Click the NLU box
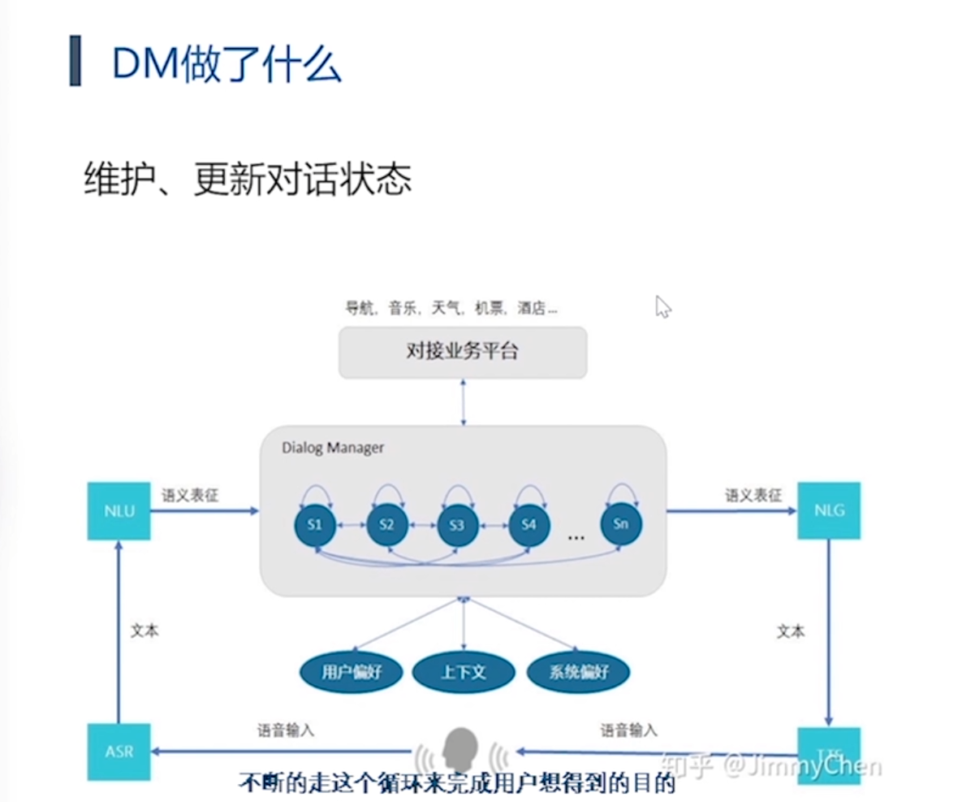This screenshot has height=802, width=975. coord(119,511)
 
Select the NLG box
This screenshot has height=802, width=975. coord(828,510)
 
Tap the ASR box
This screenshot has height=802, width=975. coord(119,752)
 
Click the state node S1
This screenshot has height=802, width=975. coord(315,524)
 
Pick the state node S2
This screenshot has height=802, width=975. coord(386,524)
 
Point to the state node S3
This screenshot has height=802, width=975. coord(457,525)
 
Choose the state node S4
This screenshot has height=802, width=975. coord(528,524)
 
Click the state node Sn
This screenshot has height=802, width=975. coord(621,524)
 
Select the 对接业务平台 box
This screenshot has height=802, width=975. coord(462,352)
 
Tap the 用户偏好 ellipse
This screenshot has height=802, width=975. coord(352,672)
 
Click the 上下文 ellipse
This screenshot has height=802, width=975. coord(464,672)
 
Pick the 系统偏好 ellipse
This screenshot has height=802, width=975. coord(578,672)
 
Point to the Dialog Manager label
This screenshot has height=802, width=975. coord(333,448)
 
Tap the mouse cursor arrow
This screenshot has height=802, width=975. coord(662,306)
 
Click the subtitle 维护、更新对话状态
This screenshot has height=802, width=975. coord(248,180)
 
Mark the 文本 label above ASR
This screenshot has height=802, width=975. coord(145,630)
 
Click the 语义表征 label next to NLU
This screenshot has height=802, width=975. coord(190,495)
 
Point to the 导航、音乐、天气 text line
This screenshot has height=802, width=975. coord(451,308)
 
